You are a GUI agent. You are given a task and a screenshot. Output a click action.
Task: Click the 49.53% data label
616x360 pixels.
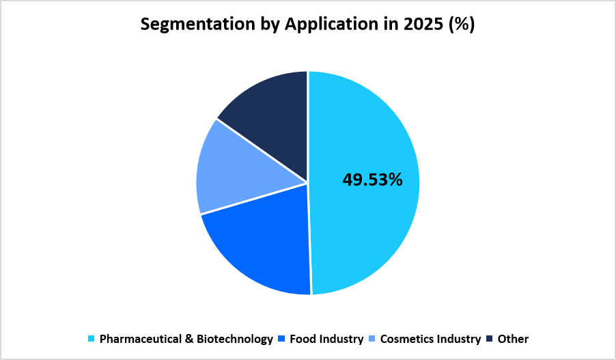point(372,180)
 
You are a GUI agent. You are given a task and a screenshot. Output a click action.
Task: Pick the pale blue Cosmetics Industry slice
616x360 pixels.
point(236,171)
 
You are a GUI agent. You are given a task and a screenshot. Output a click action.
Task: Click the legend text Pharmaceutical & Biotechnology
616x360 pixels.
point(186,339)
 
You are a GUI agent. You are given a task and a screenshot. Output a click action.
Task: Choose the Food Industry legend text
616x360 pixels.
point(326,339)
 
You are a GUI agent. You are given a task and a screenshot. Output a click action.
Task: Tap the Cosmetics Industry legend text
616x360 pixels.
point(430,339)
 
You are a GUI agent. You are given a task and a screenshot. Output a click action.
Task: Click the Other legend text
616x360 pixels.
point(513,339)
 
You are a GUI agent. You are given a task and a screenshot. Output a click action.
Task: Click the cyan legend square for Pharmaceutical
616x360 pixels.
point(92,339)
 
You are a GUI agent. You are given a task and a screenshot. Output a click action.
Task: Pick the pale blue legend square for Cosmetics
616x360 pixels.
point(372,339)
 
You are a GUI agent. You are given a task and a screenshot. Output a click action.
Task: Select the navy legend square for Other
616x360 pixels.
point(490,339)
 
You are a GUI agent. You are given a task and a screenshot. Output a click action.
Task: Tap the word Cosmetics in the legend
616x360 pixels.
point(406,339)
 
